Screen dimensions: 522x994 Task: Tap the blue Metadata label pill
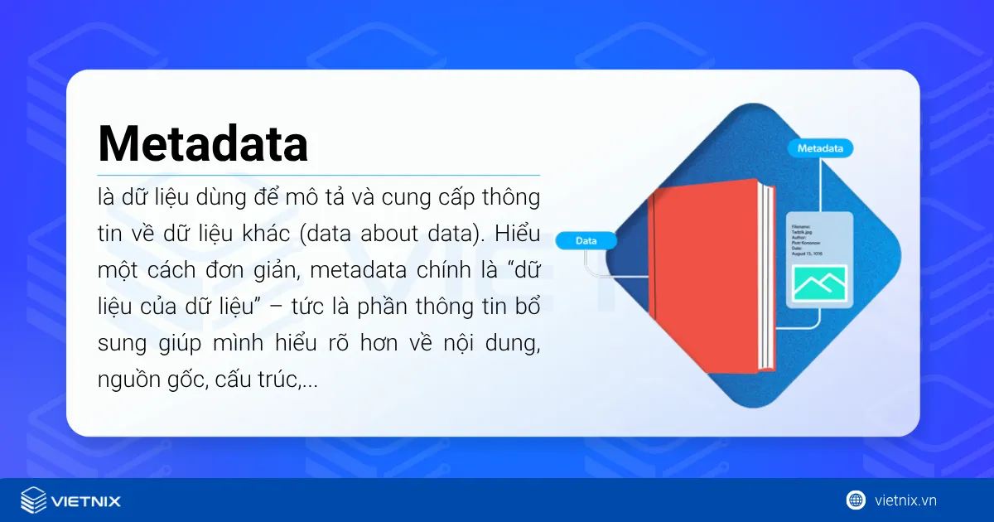click(x=819, y=148)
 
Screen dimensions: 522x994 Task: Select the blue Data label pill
click(x=586, y=241)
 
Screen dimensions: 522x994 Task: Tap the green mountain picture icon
click(x=819, y=283)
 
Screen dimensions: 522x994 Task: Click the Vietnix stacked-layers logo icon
click(x=34, y=500)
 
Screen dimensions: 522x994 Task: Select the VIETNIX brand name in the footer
click(x=85, y=501)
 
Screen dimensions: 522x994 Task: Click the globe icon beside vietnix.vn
click(x=856, y=500)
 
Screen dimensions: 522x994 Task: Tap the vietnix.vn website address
click(x=905, y=500)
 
